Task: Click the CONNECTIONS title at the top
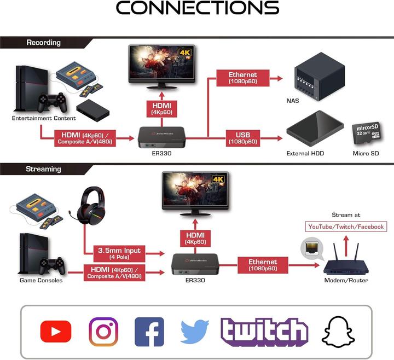coord(197,8)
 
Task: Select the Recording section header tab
coord(44,42)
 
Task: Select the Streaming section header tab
coord(43,169)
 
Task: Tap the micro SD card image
coord(366,133)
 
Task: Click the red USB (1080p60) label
coord(243,138)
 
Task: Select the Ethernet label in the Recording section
coord(243,78)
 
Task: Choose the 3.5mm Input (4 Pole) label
coord(119,253)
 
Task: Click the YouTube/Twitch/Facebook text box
coord(346,227)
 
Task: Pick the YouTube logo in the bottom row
coord(55,332)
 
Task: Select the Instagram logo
coord(103,332)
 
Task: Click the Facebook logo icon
coord(149,332)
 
